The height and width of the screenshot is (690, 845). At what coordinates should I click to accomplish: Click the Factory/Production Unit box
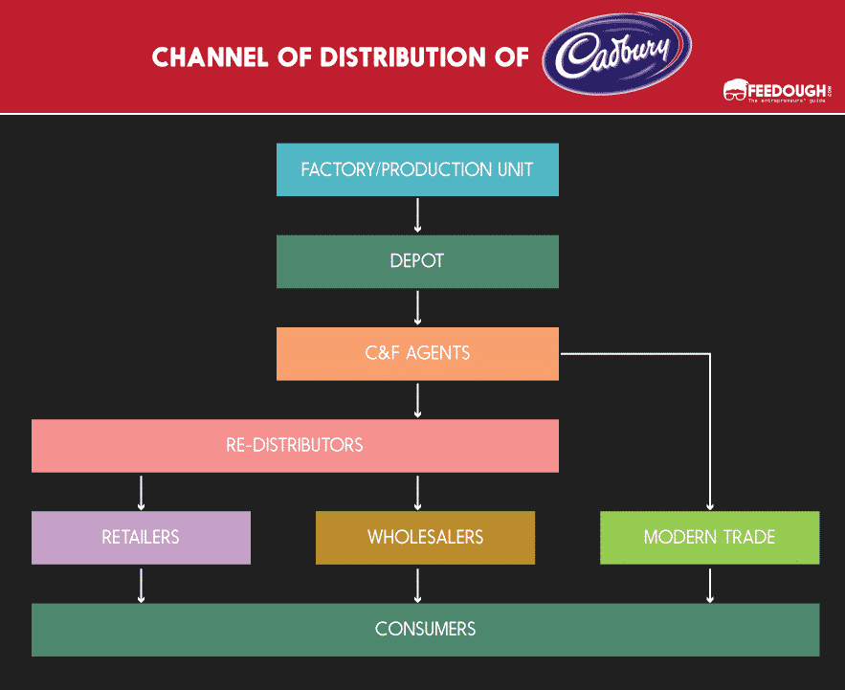(x=417, y=170)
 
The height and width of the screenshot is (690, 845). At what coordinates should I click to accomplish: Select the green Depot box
(x=417, y=261)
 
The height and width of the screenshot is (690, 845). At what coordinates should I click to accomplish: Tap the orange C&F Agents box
(x=417, y=353)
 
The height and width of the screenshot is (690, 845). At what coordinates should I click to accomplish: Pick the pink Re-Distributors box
(x=295, y=446)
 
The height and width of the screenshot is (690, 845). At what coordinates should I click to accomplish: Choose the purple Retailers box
(x=141, y=537)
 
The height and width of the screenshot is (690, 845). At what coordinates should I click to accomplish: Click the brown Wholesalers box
(x=425, y=537)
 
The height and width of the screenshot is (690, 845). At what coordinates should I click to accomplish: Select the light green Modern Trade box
(x=709, y=537)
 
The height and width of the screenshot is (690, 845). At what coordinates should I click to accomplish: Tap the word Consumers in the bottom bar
(x=425, y=629)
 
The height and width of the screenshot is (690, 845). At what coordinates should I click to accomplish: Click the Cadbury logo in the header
(x=616, y=55)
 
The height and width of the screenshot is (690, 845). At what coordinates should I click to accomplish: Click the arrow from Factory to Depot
(x=417, y=215)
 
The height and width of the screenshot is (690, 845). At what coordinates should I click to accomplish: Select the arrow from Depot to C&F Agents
(x=417, y=307)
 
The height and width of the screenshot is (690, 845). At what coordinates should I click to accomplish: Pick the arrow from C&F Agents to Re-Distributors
(x=417, y=399)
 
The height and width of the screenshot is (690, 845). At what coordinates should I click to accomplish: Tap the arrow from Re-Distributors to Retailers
(x=141, y=491)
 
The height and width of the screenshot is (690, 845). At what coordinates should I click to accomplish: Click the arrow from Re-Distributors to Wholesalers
(x=417, y=491)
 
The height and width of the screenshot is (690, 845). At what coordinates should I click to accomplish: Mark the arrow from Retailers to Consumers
(x=141, y=584)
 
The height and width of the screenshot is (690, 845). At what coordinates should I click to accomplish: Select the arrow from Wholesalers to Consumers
(x=417, y=584)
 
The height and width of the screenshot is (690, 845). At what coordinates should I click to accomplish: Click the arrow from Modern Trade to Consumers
(x=709, y=584)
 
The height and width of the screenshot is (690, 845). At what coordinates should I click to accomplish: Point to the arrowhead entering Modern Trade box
(x=709, y=505)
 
